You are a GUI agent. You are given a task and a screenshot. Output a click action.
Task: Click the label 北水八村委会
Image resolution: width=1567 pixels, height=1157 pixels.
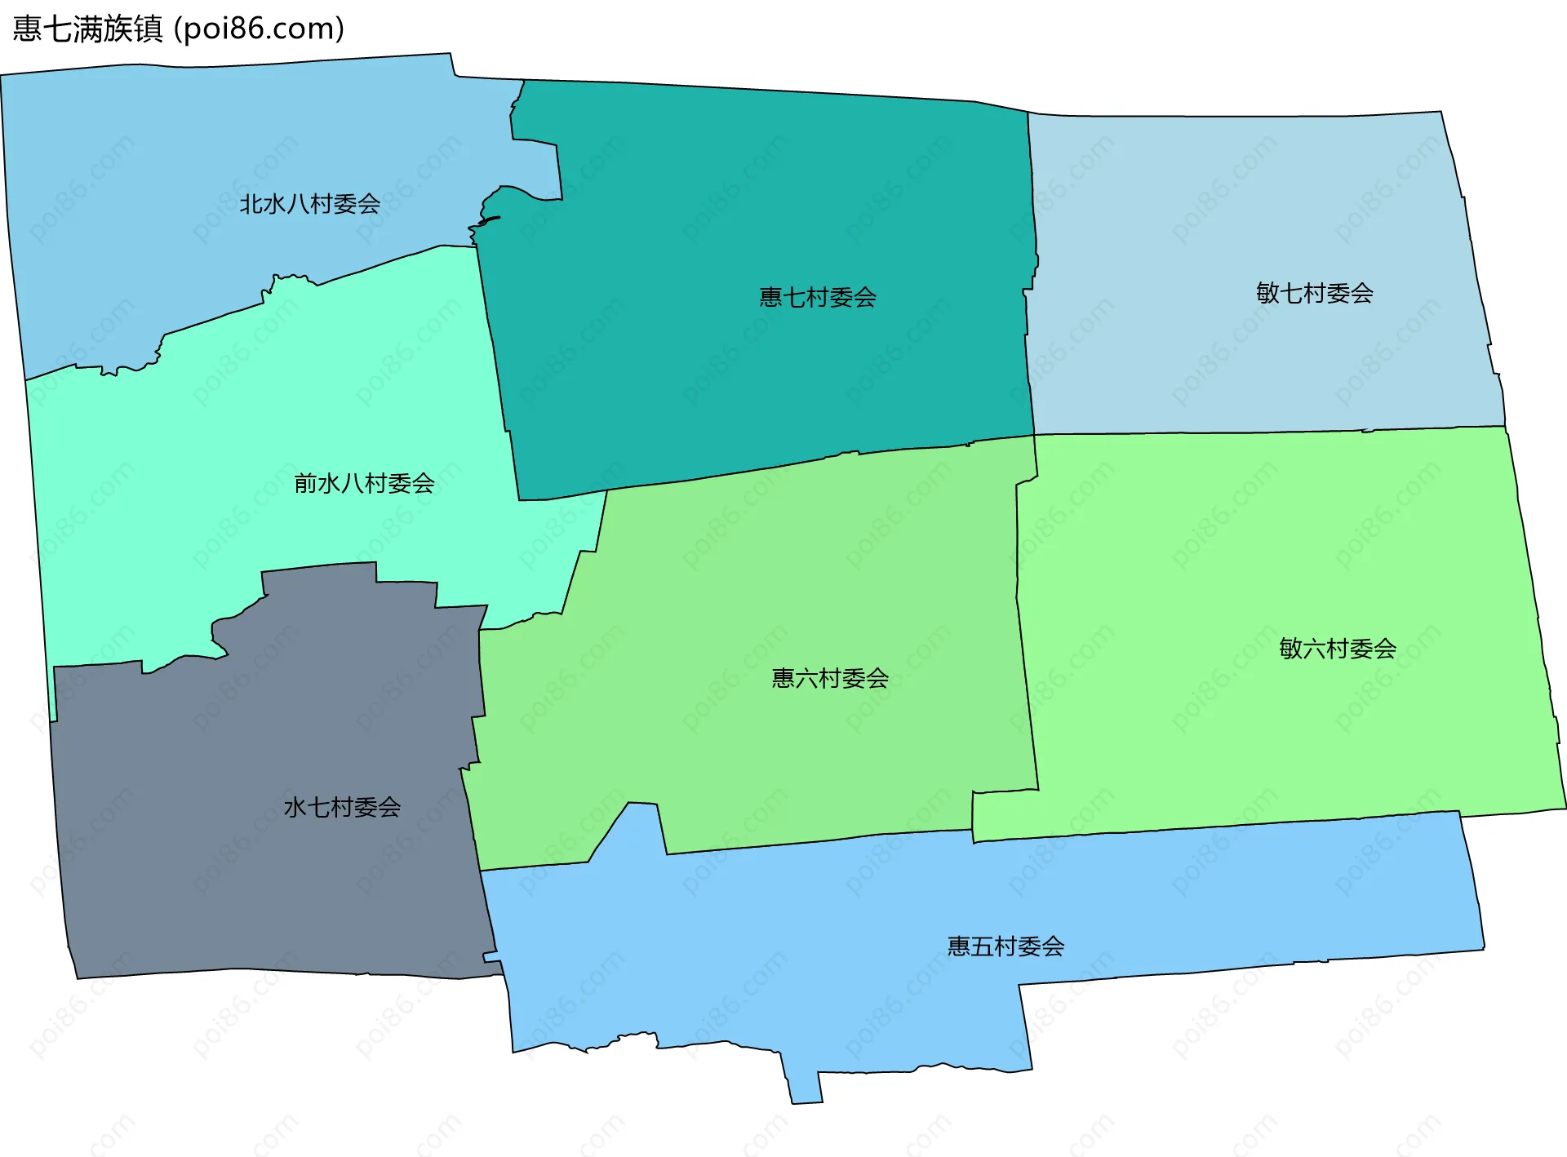point(309,204)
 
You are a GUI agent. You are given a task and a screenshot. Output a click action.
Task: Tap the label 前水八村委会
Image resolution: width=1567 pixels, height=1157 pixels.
point(364,484)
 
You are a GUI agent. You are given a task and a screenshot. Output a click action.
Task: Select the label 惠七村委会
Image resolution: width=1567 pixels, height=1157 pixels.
point(818,297)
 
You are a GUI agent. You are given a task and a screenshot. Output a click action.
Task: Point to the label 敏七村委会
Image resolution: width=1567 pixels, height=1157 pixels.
point(1314,293)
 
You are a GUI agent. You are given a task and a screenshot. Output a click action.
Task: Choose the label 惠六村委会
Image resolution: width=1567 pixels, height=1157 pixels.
point(830,678)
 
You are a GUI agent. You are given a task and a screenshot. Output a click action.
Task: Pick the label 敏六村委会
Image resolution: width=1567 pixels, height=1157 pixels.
point(1337,649)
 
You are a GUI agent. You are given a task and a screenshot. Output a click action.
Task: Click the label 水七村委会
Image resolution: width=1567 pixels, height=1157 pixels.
point(342,807)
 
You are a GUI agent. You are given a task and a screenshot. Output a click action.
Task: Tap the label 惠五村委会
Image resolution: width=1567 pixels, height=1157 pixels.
point(1005,946)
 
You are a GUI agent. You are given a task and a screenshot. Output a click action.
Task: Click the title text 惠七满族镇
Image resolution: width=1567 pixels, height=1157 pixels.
point(88,29)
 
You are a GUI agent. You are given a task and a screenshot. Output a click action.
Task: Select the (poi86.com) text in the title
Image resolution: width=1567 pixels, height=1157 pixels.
point(260,29)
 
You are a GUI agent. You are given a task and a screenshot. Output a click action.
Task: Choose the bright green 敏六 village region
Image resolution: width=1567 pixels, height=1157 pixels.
point(1265,734)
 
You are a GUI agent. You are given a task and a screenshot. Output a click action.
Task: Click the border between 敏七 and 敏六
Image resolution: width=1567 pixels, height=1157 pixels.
point(1265,432)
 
